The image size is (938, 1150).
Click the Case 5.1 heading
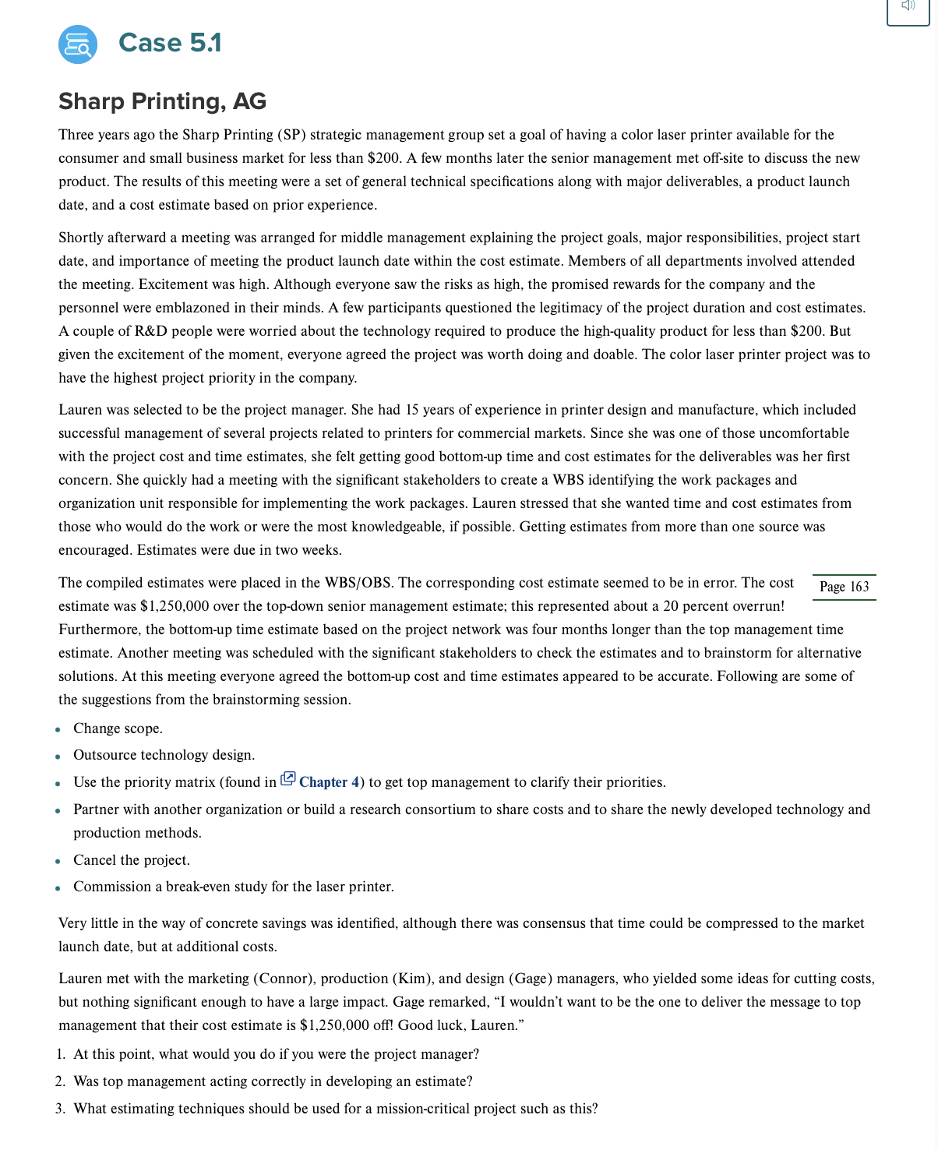point(170,43)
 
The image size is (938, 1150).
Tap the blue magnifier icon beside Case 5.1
point(78,44)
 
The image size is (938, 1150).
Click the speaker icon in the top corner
point(908,6)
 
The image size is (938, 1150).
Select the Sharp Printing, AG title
point(162,101)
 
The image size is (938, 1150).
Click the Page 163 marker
point(844,587)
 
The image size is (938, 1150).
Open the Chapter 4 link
point(329,782)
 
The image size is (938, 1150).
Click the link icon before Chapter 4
point(287,778)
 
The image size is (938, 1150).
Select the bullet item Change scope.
point(118,728)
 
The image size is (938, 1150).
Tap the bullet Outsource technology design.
point(164,755)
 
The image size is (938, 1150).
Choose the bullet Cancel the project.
point(131,860)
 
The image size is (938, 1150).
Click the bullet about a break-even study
point(233,887)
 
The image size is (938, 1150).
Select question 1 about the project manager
point(276,1054)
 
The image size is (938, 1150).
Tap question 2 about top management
point(273,1081)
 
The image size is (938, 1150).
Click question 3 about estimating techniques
point(335,1109)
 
